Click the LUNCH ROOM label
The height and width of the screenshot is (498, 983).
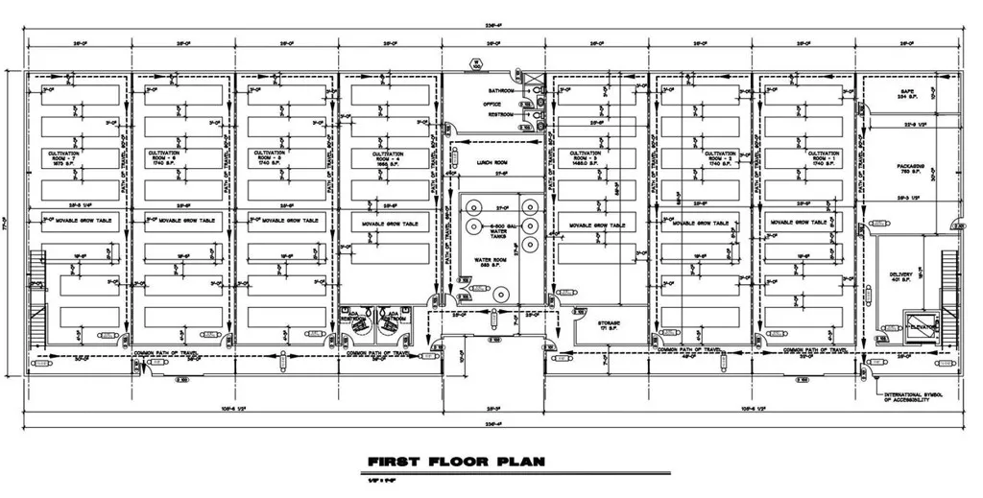coord(491,164)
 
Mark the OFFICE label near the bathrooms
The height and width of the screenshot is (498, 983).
coord(491,103)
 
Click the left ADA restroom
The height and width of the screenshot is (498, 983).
coord(358,322)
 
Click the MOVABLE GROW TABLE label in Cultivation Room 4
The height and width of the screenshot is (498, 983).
coord(389,225)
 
